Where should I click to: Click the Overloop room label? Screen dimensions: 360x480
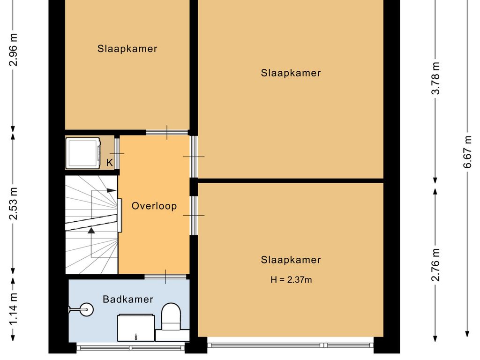pyautogui.click(x=154, y=206)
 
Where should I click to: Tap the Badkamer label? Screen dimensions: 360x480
pyautogui.click(x=128, y=299)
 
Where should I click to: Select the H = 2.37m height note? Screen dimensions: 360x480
pyautogui.click(x=291, y=280)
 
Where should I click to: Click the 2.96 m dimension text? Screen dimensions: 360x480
pyautogui.click(x=14, y=49)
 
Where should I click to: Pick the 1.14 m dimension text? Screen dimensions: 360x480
pyautogui.click(x=14, y=308)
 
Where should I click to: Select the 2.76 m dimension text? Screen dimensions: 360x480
pyautogui.click(x=436, y=265)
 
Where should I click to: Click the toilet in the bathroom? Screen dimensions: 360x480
pyautogui.click(x=171, y=317)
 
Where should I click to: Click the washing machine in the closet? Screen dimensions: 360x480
pyautogui.click(x=83, y=153)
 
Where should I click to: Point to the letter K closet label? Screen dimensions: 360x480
pyautogui.click(x=110, y=163)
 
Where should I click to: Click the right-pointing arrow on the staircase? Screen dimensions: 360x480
pyautogui.click(x=111, y=190)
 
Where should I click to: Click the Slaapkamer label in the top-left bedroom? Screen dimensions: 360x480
pyautogui.click(x=127, y=49)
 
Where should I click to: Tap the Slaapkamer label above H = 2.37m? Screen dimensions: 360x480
pyautogui.click(x=291, y=260)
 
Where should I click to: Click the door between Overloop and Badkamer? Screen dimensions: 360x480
pyautogui.click(x=165, y=277)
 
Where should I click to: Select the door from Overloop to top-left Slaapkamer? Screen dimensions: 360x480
pyautogui.click(x=167, y=133)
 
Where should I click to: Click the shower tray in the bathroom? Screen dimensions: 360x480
pyautogui.click(x=135, y=328)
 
